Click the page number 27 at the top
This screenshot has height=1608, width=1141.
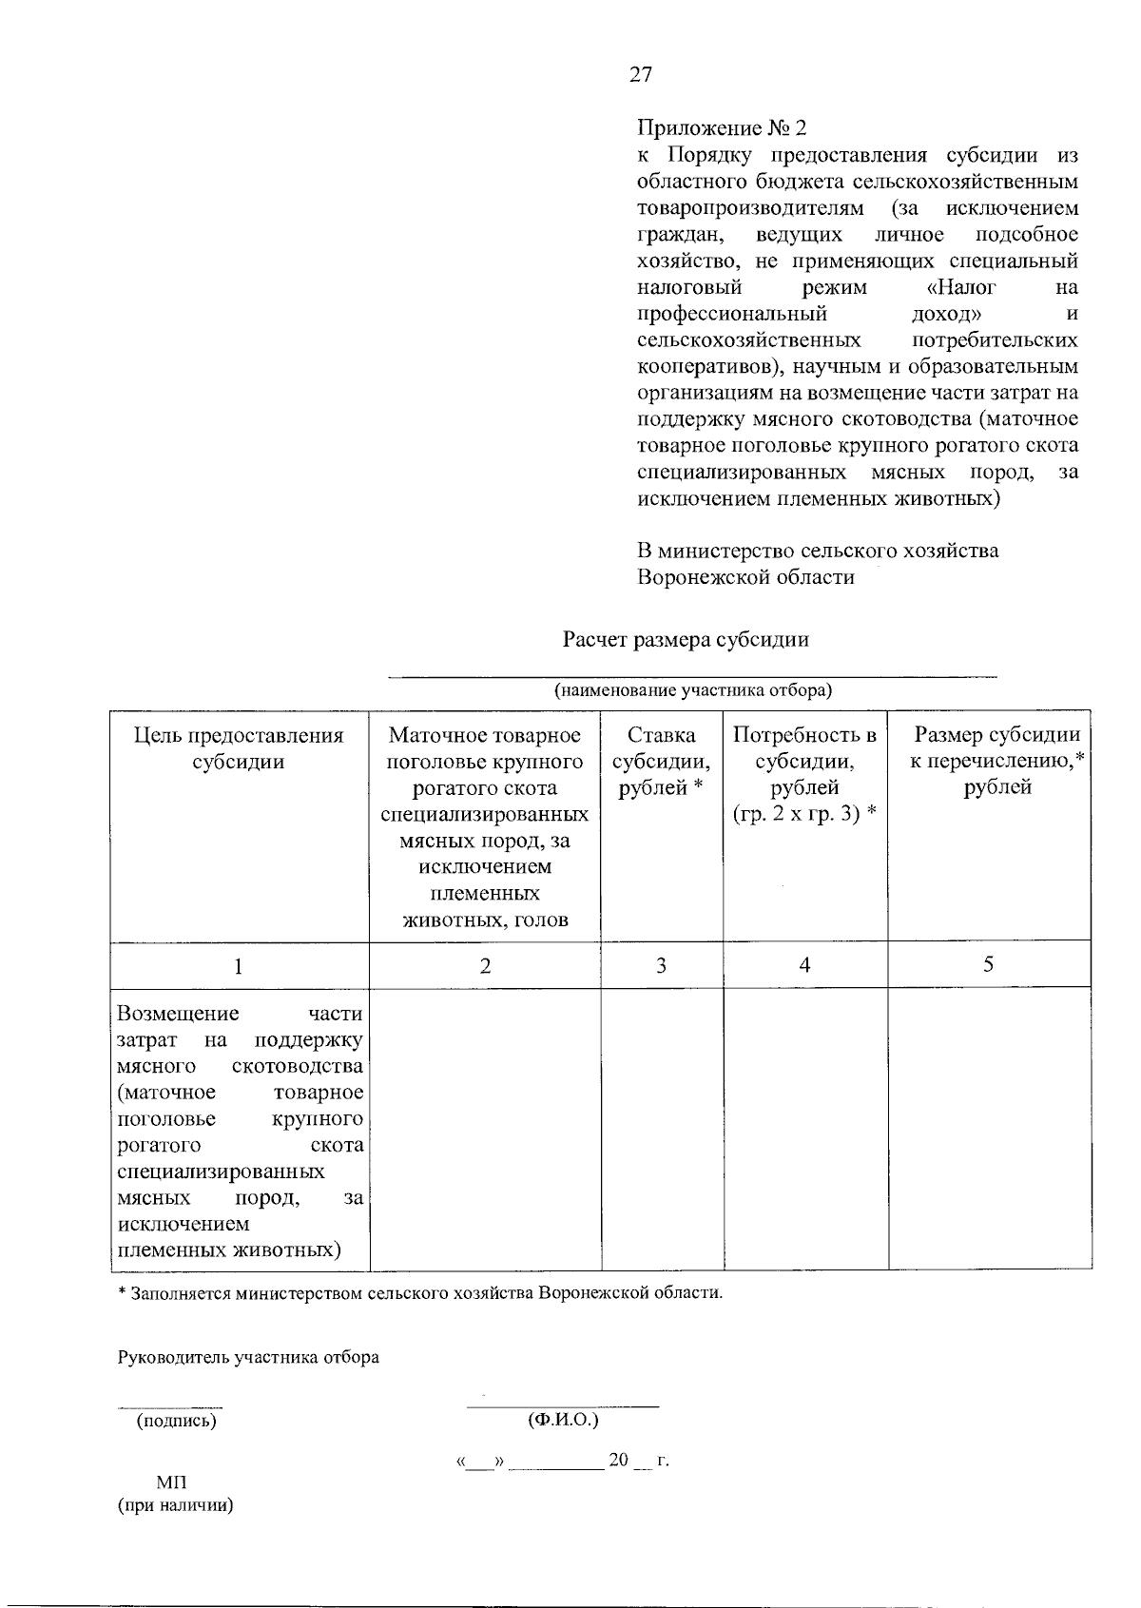tap(641, 75)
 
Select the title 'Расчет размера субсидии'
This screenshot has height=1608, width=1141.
tap(685, 639)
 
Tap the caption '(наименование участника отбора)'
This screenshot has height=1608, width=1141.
tap(692, 689)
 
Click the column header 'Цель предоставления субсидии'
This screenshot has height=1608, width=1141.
tap(239, 748)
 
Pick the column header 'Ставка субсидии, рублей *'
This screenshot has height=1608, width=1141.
tap(661, 761)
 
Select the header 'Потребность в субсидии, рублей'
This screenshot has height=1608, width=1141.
tap(804, 774)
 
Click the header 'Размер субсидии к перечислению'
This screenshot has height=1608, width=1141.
tap(996, 761)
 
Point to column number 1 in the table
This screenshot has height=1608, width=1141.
tap(238, 966)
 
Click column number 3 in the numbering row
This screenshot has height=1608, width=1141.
tap(661, 966)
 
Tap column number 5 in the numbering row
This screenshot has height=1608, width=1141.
tap(989, 964)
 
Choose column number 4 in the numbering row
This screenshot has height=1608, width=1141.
tap(804, 966)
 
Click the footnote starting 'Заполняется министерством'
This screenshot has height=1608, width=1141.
tap(423, 1293)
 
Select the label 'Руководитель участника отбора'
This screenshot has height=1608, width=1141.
tap(248, 1357)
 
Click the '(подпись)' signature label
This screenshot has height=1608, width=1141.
tap(176, 1421)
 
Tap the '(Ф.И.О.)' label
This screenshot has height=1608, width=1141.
tap(562, 1420)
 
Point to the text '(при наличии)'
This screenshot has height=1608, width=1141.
tap(176, 1505)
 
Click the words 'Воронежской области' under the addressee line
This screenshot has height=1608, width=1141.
tap(745, 577)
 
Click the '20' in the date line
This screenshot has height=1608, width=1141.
tap(619, 1460)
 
